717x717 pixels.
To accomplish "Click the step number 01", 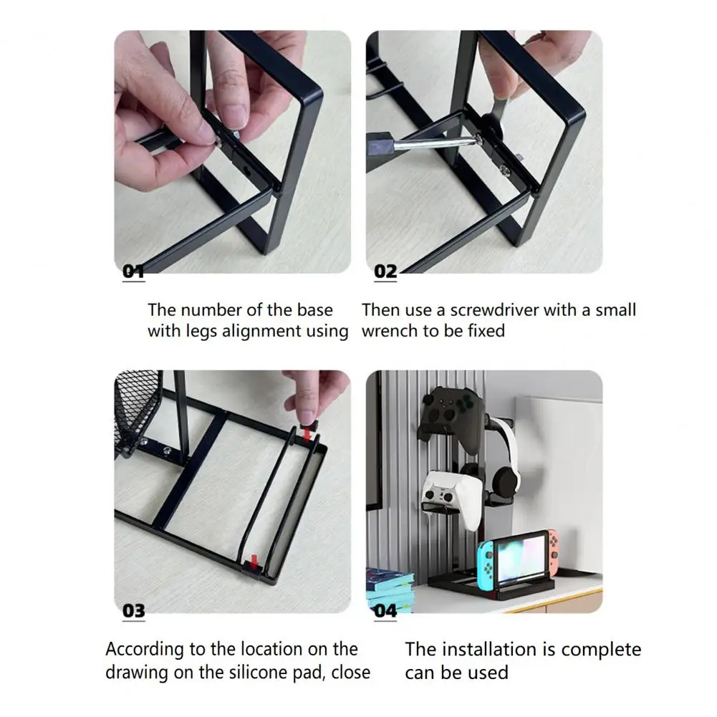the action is point(133,271).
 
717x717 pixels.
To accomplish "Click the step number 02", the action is point(385,271).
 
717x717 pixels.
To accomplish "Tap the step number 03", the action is point(133,611).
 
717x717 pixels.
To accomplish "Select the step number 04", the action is point(385,611).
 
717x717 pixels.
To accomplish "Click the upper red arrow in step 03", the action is point(307,432).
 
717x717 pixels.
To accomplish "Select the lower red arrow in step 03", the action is point(254,561).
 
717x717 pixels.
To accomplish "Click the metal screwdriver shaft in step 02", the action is point(434,143).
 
